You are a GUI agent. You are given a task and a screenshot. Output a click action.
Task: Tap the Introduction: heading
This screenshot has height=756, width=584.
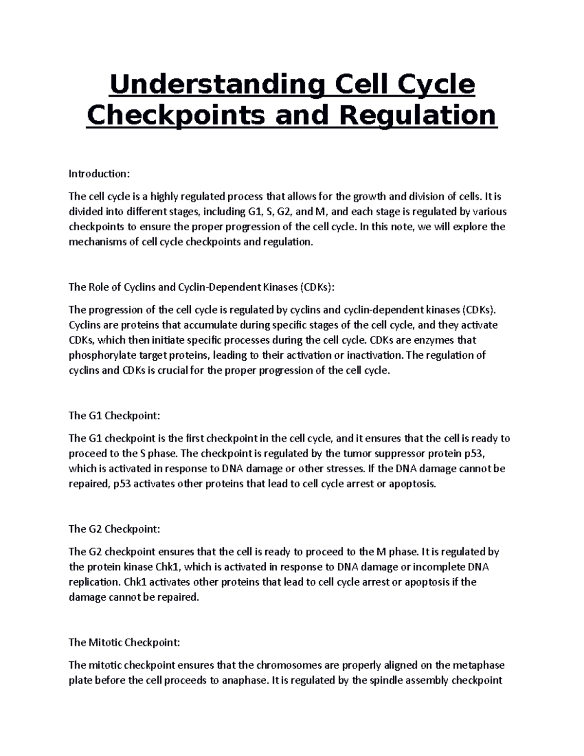[99, 174]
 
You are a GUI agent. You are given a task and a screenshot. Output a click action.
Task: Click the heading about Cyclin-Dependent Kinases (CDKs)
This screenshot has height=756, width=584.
[201, 287]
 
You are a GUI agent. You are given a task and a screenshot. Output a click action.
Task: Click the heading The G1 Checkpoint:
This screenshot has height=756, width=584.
[114, 416]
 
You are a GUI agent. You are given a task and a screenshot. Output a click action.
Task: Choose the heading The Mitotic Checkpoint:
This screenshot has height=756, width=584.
[124, 643]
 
